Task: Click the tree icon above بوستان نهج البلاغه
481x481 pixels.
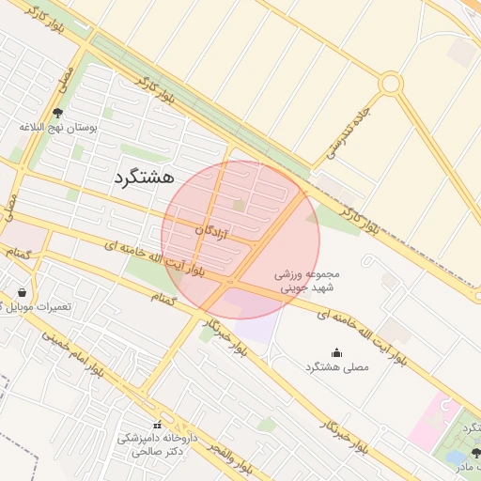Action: [x=57, y=113]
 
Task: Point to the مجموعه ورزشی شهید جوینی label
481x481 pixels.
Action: [x=305, y=282]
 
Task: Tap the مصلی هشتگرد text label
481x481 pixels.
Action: [x=337, y=366]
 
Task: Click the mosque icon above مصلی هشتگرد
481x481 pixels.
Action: [x=337, y=353]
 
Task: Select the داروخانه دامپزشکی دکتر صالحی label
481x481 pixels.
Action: [x=157, y=443]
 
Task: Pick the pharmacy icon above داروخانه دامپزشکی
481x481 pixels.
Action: [x=157, y=426]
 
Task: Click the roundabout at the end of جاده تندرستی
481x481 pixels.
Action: [x=391, y=84]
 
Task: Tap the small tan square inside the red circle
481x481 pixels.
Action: [x=239, y=204]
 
